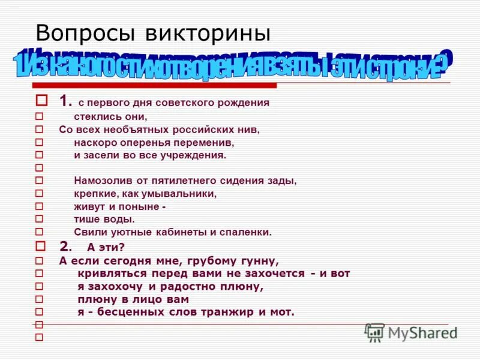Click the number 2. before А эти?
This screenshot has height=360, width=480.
(66, 246)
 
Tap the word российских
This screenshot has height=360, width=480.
(203, 129)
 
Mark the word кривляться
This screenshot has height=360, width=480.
(112, 274)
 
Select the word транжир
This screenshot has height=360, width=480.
(233, 312)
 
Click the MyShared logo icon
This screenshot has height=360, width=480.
(375, 332)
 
